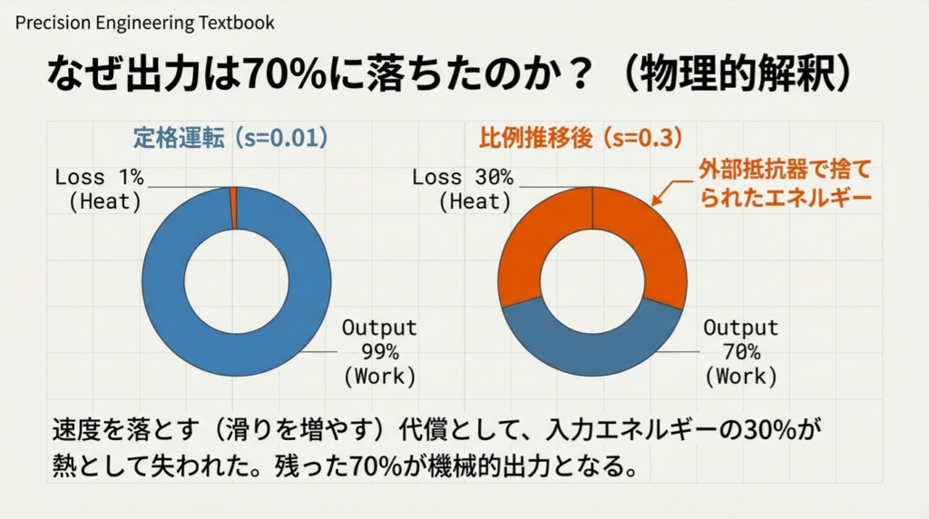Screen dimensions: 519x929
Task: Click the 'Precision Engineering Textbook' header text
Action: pyautogui.click(x=145, y=23)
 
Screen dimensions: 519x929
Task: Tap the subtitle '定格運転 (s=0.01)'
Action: pyautogui.click(x=230, y=138)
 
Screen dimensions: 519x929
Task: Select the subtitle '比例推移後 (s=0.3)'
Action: pyautogui.click(x=580, y=138)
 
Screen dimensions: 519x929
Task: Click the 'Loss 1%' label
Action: pyautogui.click(x=99, y=178)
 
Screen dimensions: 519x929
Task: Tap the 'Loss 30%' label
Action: pyautogui.click(x=462, y=178)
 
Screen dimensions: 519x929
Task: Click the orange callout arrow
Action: pyautogui.click(x=668, y=188)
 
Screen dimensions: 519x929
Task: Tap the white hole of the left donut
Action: pyautogui.click(x=236, y=281)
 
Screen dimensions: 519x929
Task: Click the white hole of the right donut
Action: pyautogui.click(x=592, y=281)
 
